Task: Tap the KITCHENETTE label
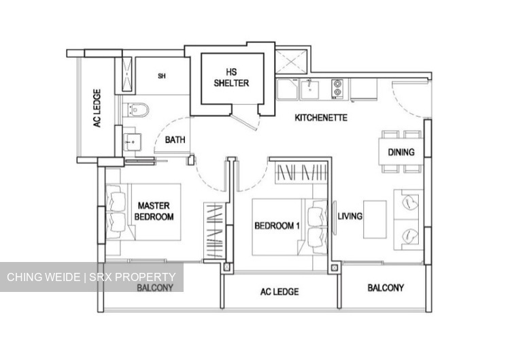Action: pyautogui.click(x=321, y=118)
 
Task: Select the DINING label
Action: pyautogui.click(x=401, y=153)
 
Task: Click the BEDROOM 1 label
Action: pyautogui.click(x=277, y=226)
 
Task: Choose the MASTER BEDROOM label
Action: pyautogui.click(x=155, y=211)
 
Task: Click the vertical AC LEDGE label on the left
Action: pyautogui.click(x=97, y=109)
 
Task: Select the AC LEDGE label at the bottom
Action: pyautogui.click(x=279, y=292)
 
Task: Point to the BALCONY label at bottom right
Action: pyautogui.click(x=386, y=288)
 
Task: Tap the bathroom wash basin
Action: pyautogui.click(x=131, y=141)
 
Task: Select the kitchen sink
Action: pyautogui.click(x=312, y=88)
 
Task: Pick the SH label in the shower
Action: pyautogui.click(x=161, y=76)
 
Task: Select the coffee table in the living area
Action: pyautogui.click(x=375, y=219)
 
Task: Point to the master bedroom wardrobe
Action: pyautogui.click(x=214, y=231)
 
